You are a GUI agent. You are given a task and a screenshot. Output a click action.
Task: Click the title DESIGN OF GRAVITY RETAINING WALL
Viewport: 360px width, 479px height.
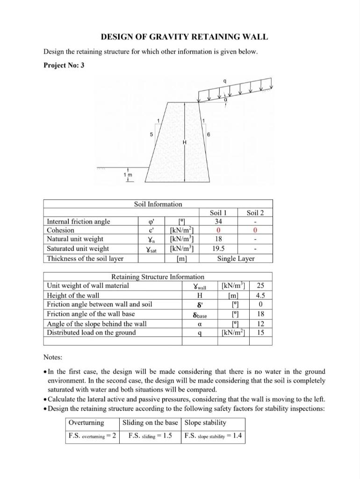185,37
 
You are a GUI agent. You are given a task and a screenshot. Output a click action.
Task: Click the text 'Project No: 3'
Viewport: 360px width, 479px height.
64,65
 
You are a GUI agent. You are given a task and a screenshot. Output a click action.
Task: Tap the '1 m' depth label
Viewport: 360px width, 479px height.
127,174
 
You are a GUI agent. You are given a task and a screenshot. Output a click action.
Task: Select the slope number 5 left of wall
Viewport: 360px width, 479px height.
151,134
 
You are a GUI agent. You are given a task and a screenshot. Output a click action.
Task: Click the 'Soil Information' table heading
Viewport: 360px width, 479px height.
158,204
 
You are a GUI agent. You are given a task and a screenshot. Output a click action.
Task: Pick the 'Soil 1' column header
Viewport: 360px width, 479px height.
218,213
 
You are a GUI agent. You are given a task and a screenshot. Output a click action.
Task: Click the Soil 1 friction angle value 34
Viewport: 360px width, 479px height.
218,221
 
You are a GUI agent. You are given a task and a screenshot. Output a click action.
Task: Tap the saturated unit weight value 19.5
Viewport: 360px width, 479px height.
218,248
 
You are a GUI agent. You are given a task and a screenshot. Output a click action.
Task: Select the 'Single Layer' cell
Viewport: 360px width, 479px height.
236,258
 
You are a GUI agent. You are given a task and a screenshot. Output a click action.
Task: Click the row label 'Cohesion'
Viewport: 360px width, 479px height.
61,230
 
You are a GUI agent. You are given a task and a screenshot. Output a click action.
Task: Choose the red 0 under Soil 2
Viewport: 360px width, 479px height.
255,230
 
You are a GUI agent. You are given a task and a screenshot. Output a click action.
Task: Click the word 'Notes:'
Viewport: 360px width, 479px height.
53,358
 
